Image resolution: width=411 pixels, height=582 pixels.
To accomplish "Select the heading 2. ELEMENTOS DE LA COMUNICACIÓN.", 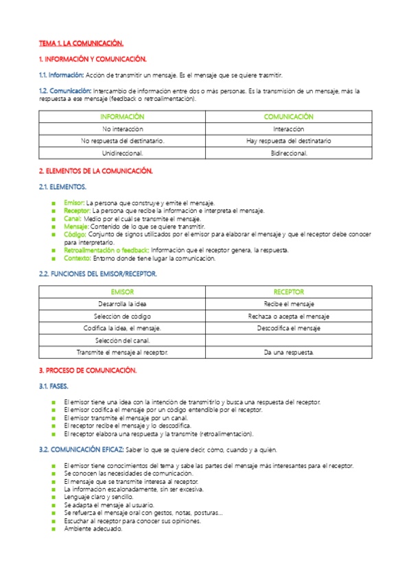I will coord(95,170).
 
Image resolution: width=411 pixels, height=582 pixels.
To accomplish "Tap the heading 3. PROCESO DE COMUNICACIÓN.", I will coord(88,370).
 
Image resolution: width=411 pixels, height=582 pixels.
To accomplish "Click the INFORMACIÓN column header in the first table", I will coord(122,117).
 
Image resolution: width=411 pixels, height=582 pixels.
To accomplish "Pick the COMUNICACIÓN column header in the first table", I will coord(288,117).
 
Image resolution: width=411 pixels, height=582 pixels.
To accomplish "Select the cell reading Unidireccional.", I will coord(122,153).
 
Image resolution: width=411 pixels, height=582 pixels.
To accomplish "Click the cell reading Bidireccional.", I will coord(288,153).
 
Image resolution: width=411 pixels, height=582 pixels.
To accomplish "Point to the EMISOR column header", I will coord(122,292).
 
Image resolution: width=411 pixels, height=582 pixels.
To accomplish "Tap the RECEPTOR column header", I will coord(288,292).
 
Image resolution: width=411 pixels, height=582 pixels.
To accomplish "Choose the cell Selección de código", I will coord(122,316).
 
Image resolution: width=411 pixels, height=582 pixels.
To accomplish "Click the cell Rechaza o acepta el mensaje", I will coord(288,316).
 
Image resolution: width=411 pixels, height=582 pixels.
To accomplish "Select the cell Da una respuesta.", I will coord(288,352).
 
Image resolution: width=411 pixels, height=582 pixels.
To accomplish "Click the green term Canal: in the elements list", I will coord(73,218).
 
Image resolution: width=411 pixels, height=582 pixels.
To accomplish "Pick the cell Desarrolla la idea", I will coord(122,303).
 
